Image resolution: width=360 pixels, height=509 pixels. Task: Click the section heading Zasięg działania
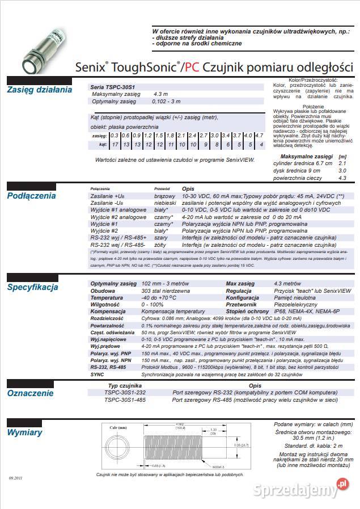39,90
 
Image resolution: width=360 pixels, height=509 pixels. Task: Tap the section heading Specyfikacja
32,287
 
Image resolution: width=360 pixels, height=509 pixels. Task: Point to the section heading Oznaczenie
30,393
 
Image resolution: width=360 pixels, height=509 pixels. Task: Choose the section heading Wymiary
24,433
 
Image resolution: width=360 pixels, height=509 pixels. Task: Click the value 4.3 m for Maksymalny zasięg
160,94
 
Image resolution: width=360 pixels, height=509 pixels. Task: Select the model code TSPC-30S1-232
125,392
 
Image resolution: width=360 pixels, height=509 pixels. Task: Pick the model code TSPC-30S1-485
125,399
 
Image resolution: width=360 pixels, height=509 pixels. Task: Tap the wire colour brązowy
164,195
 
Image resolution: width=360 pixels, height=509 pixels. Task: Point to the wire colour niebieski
165,203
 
